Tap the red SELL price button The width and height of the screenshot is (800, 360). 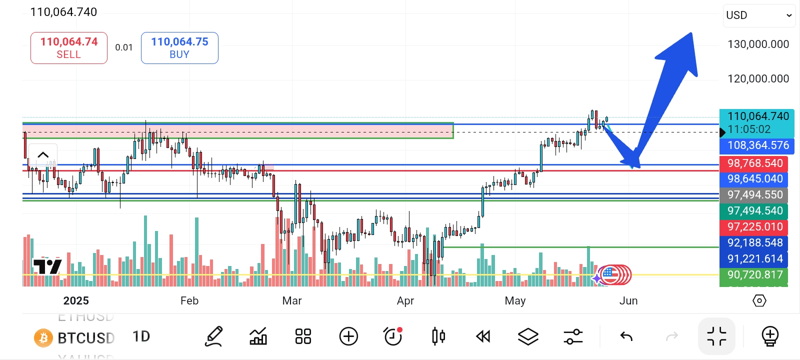(x=69, y=48)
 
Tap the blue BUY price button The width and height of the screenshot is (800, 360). (x=179, y=48)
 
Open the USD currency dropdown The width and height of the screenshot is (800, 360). (x=759, y=15)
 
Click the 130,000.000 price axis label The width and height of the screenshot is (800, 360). (x=758, y=44)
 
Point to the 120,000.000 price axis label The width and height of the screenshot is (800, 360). (x=758, y=79)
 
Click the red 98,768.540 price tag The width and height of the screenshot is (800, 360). (x=754, y=163)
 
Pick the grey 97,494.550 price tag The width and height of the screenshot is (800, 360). (x=754, y=195)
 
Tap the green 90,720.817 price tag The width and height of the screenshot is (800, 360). (x=754, y=275)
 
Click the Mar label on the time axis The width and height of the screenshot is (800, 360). (x=292, y=301)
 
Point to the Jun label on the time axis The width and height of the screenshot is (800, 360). (x=628, y=301)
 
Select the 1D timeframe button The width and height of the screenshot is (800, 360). (x=141, y=336)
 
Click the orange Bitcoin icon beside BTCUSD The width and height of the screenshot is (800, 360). (x=43, y=338)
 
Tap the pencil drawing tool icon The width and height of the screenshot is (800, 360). (x=214, y=336)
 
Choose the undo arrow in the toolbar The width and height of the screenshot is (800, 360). (x=626, y=336)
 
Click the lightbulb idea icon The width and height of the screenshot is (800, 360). (x=770, y=336)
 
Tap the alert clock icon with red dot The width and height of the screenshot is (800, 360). (x=393, y=336)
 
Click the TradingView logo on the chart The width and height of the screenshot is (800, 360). (x=47, y=266)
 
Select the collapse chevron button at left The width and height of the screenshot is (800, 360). (x=43, y=154)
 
